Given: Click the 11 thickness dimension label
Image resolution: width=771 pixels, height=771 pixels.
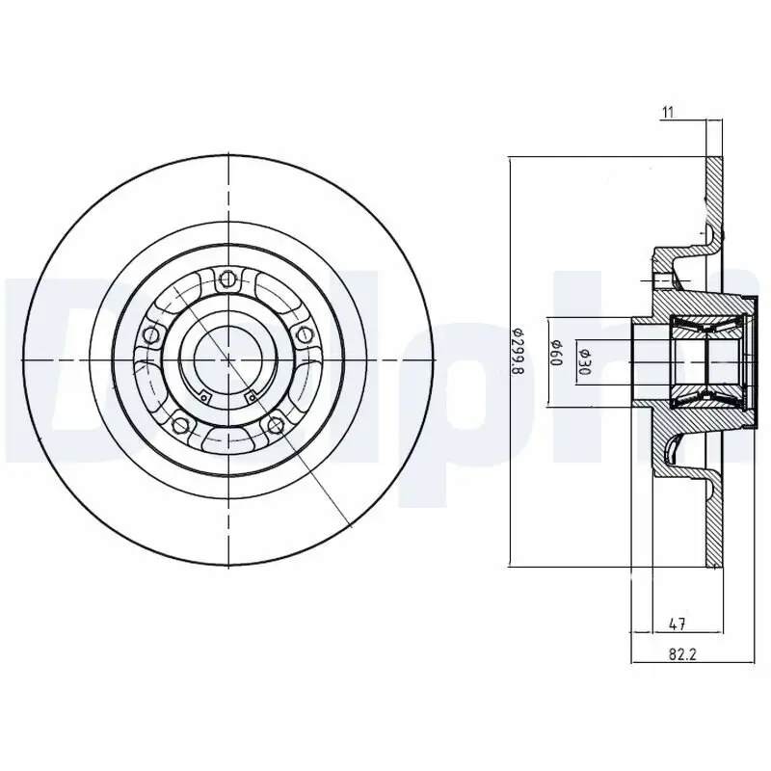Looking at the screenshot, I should pos(666,113).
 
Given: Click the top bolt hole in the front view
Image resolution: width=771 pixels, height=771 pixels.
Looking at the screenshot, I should pos(228,280).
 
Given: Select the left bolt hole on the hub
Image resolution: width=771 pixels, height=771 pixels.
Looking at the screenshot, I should pos(150,334).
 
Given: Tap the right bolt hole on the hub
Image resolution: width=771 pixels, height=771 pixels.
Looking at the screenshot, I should pos(306,334).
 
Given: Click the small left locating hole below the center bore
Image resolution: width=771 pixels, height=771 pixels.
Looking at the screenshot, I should pos(204,393).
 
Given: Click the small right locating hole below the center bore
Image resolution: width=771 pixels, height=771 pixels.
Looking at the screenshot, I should pos(251,393).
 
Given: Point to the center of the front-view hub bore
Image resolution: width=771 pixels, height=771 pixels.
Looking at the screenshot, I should pos(228,359).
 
